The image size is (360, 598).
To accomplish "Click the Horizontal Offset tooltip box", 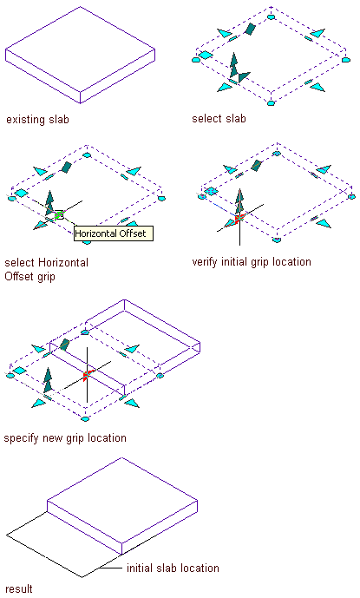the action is click(x=114, y=233).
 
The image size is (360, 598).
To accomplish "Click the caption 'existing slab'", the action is click(x=37, y=120).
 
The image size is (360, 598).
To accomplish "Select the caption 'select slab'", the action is click(x=219, y=119).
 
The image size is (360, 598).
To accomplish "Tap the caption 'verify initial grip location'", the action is click(x=252, y=262).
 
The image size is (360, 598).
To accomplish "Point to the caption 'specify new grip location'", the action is click(x=65, y=437).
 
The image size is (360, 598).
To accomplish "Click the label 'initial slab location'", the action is click(x=173, y=568).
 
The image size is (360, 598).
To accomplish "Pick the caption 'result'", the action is click(x=19, y=588).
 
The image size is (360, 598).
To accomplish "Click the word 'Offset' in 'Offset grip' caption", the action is click(x=18, y=276).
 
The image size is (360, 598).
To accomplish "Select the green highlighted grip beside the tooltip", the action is click(x=59, y=215).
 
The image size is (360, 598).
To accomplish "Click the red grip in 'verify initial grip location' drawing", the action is click(x=239, y=219).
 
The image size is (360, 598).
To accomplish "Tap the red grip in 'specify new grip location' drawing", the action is click(x=87, y=375).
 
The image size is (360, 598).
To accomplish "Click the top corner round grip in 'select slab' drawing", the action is click(x=271, y=16).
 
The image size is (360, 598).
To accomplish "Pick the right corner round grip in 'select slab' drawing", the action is click(x=345, y=60).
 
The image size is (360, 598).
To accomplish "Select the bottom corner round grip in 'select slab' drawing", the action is click(x=271, y=103).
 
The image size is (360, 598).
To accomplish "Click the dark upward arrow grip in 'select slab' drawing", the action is click(x=233, y=65).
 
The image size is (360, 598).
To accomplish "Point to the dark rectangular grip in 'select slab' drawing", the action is click(x=250, y=29).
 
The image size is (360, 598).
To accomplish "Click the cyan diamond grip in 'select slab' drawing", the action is click(x=206, y=56).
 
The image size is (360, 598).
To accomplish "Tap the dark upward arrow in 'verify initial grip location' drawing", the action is click(x=239, y=201).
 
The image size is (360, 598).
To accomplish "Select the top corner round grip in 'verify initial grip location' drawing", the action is click(x=277, y=154).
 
